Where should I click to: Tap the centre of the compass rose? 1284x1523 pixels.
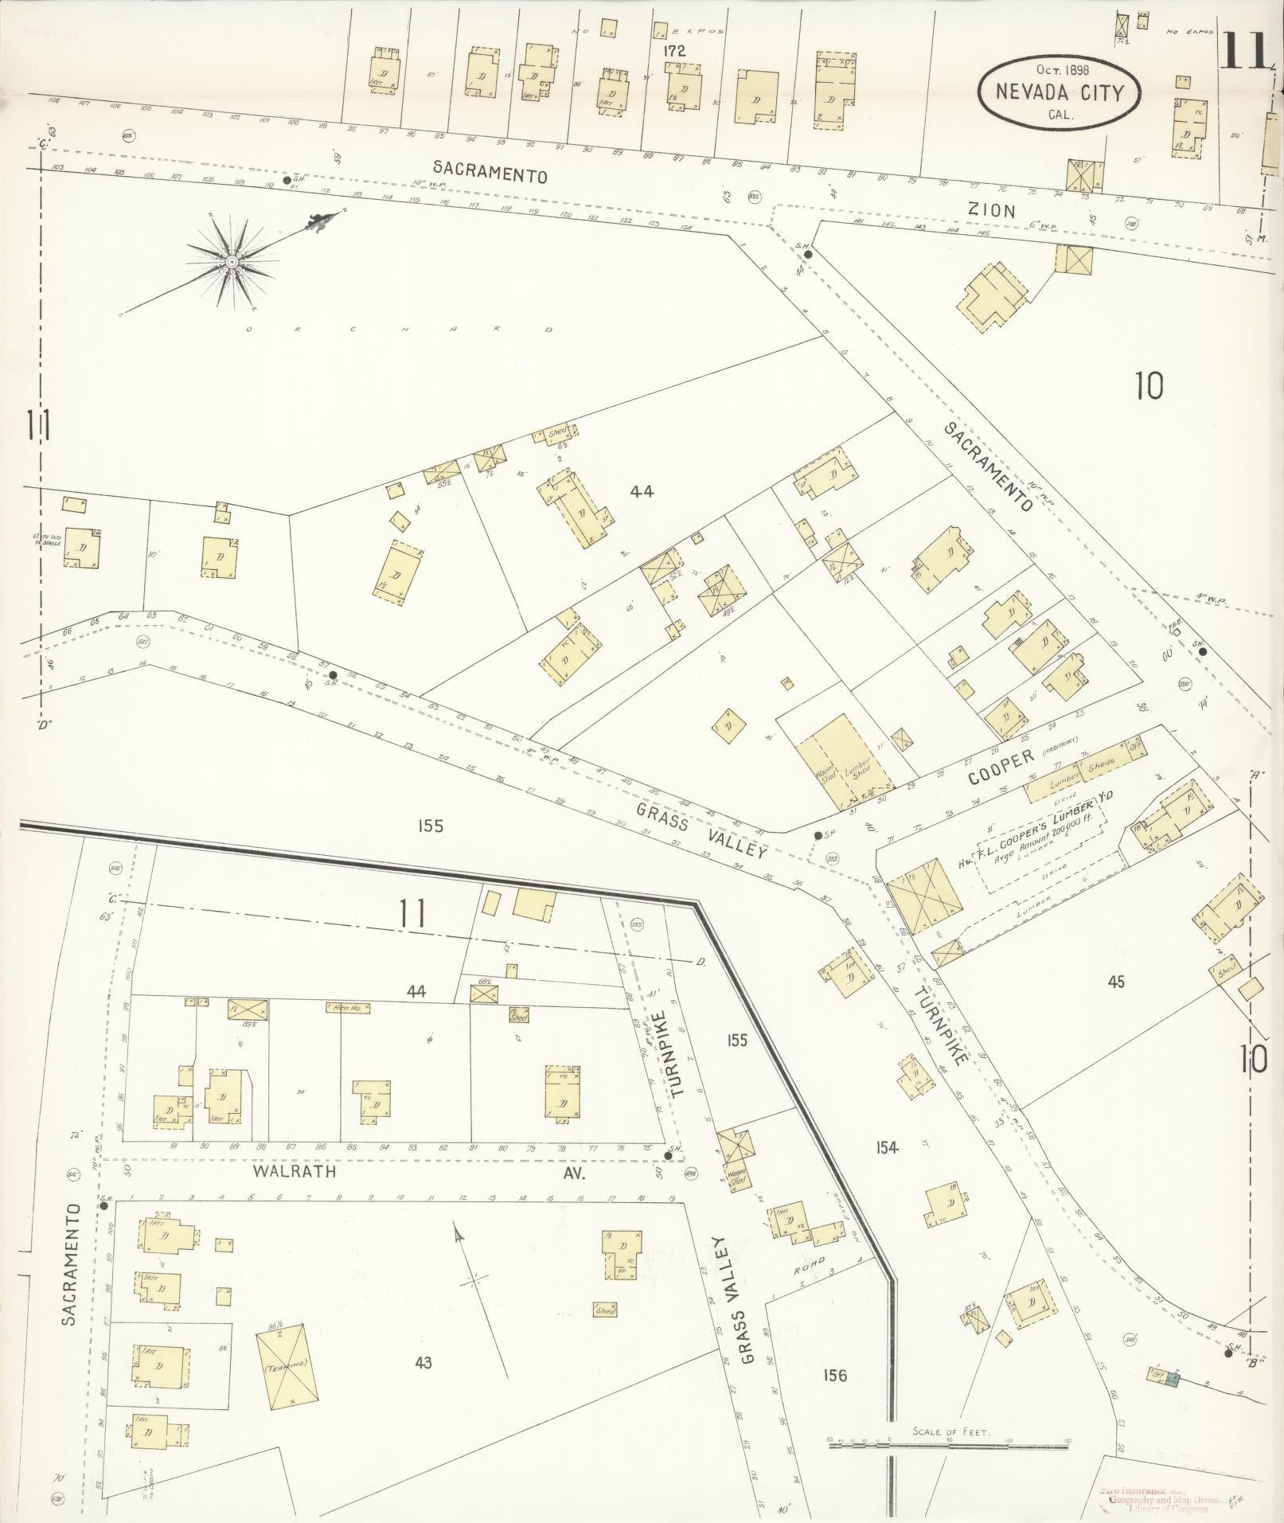(x=231, y=261)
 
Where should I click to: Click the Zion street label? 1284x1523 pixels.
(x=991, y=211)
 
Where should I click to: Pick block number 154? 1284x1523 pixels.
(x=886, y=1147)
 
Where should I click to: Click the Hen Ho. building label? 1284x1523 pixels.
(x=347, y=1008)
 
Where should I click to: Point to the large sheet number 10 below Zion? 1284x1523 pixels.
(x=1149, y=386)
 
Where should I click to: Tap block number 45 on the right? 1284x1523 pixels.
(x=1116, y=982)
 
